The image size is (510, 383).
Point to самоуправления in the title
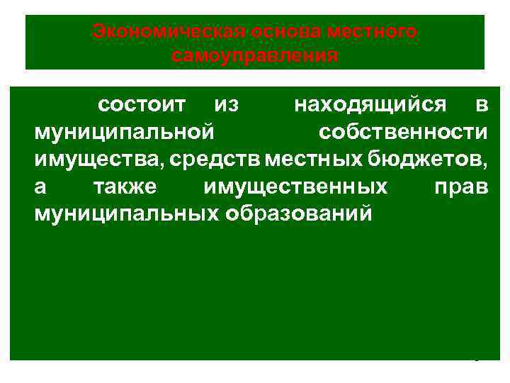pyautogui.click(x=255, y=55)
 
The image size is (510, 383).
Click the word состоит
pyautogui.click(x=142, y=105)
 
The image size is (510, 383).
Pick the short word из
pyautogui.click(x=226, y=105)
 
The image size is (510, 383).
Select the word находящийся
pyautogui.click(x=370, y=105)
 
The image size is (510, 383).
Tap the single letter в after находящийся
pyautogui.click(x=482, y=105)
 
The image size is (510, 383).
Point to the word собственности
pyautogui.click(x=403, y=133)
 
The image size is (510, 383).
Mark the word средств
pyautogui.click(x=216, y=160)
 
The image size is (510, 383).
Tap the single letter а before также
pyautogui.click(x=40, y=187)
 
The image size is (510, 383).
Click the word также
pyautogui.click(x=127, y=187)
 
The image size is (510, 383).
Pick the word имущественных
pyautogui.click(x=295, y=187)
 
